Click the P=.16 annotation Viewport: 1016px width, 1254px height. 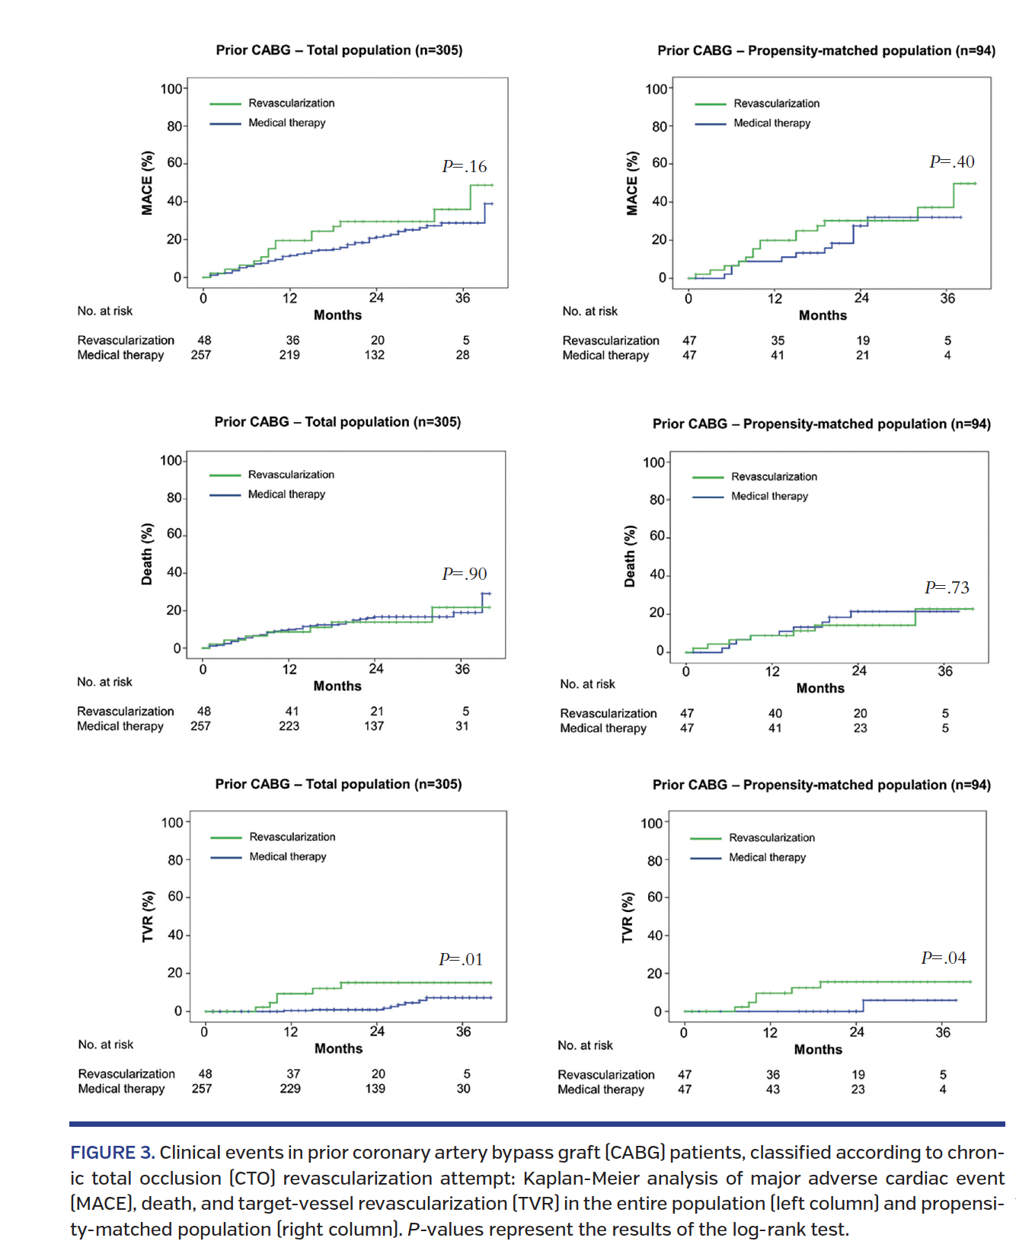(464, 166)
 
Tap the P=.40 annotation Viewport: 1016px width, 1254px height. (951, 162)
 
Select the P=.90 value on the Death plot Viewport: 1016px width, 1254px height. (464, 574)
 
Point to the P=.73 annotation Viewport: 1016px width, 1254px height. (947, 587)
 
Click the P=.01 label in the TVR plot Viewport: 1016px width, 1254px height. (461, 959)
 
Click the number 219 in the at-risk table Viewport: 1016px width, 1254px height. (289, 355)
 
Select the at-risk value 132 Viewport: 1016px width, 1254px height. (374, 355)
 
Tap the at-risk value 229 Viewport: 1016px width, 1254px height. (290, 1089)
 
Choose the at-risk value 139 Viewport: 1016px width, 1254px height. (375, 1089)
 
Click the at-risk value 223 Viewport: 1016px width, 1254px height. (289, 726)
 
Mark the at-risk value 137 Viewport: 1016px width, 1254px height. (374, 726)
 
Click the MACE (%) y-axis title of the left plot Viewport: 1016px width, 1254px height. (147, 183)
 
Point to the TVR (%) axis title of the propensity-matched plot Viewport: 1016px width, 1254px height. (628, 918)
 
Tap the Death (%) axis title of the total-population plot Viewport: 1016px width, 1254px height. (147, 554)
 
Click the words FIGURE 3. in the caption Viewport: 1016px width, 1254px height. (113, 1153)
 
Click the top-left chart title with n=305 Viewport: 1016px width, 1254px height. (339, 50)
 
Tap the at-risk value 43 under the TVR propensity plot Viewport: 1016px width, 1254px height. (772, 1089)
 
